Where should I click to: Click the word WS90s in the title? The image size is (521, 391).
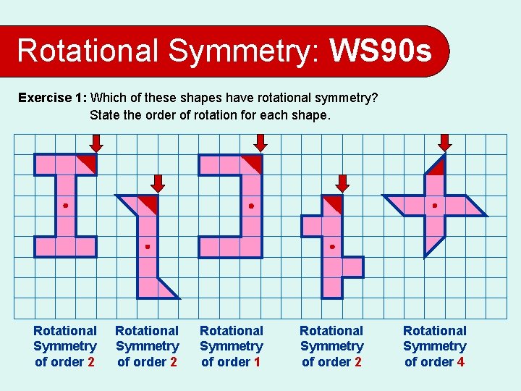(x=381, y=51)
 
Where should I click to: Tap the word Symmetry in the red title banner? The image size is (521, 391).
(x=243, y=51)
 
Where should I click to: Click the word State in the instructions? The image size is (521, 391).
(x=105, y=114)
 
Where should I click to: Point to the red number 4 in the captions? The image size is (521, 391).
(x=460, y=362)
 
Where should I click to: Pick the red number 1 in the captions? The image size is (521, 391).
(x=257, y=362)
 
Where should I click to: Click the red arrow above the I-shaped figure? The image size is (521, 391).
(x=96, y=143)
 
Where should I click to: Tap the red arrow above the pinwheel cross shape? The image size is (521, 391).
(x=445, y=143)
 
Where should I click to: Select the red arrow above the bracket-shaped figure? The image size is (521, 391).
(x=261, y=143)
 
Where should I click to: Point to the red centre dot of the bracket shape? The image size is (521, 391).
(x=251, y=206)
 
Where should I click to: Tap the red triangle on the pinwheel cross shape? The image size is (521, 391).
(x=436, y=168)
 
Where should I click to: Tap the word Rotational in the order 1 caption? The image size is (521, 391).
(x=232, y=331)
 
